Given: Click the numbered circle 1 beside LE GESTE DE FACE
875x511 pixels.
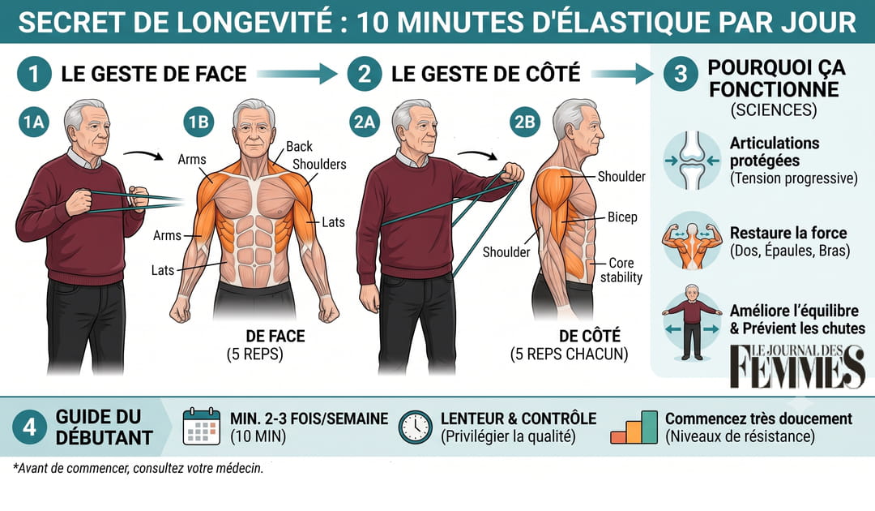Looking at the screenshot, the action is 34,74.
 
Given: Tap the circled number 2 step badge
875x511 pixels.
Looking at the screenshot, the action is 365,74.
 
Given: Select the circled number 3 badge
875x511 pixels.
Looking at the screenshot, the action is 681,74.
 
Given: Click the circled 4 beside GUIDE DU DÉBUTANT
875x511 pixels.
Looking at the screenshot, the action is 30,427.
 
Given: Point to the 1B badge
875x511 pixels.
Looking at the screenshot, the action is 198,121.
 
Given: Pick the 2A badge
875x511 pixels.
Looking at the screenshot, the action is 365,121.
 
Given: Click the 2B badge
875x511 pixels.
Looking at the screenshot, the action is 524,121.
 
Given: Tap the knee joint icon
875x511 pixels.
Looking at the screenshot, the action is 692,161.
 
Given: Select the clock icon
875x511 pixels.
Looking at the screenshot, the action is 415,427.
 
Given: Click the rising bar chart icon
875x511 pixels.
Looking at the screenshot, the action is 634,427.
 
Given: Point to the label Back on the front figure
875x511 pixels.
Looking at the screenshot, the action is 299,146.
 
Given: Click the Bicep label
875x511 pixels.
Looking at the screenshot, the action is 622,217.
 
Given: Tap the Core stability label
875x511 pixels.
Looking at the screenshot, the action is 621,270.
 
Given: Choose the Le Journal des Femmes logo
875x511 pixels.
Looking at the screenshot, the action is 798,366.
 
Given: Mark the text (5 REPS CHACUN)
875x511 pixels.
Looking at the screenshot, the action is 569,354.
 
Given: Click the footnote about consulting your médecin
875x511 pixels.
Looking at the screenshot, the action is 138,468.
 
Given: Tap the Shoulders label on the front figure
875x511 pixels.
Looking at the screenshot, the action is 319,164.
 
